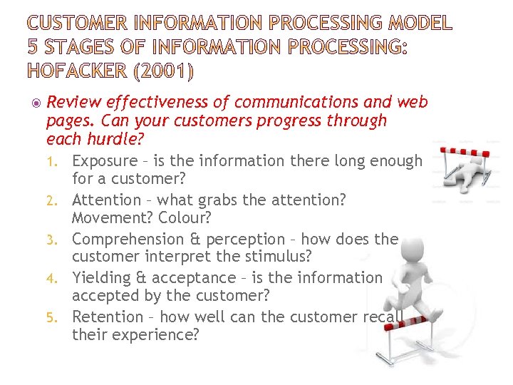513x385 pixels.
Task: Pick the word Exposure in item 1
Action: pos(104,161)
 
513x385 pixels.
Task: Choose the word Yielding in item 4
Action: pos(100,277)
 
